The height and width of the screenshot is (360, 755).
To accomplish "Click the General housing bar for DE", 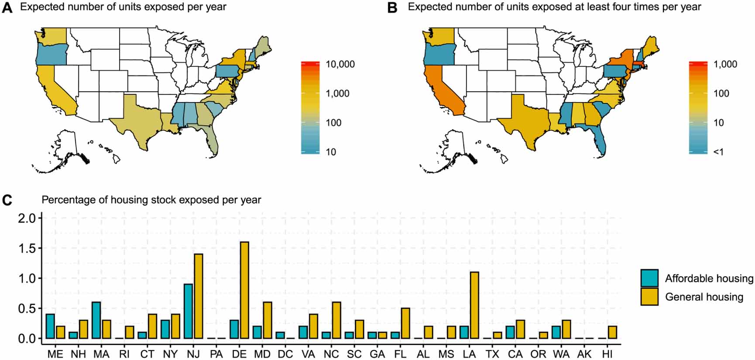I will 244,290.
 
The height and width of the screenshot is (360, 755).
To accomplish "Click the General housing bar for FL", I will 405,323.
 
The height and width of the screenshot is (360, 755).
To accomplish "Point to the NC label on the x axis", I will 331,354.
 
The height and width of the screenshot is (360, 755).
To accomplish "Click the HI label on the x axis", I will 607,354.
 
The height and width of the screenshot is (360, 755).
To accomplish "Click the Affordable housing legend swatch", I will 649,278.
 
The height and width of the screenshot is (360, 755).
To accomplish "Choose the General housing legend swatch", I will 649,297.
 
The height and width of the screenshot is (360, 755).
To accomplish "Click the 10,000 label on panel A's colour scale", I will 340,64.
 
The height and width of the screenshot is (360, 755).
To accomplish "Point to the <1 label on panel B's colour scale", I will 718,152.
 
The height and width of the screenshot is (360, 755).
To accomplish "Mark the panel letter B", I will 392,7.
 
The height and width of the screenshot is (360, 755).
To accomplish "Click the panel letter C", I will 7,200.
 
